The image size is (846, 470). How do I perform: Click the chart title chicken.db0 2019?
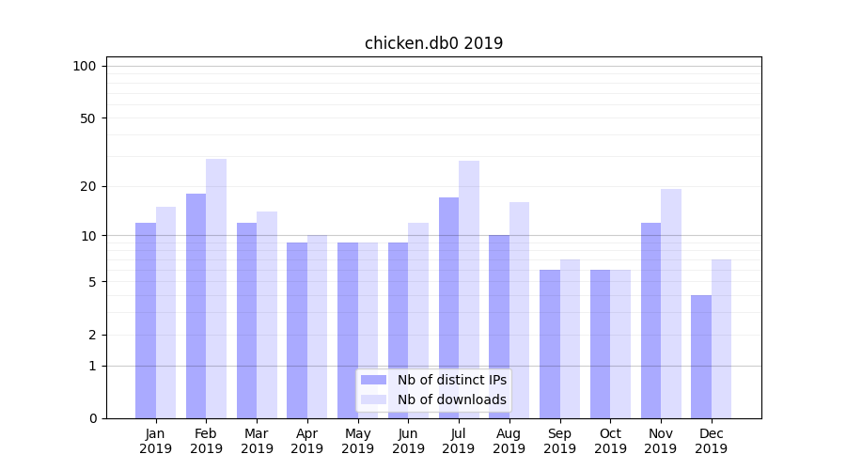point(433,43)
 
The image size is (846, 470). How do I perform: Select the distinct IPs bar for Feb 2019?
point(196,305)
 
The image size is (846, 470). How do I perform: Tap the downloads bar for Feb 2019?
point(216,289)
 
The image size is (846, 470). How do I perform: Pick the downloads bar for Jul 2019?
point(469,290)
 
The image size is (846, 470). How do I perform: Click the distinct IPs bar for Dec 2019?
point(701,356)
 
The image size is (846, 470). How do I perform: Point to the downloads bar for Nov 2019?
point(671,304)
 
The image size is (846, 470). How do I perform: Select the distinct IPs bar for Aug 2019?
point(499,326)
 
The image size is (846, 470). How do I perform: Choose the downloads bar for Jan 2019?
point(165,312)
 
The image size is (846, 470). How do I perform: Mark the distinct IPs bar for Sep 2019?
point(550,344)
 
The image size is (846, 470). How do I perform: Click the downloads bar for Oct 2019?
point(620,344)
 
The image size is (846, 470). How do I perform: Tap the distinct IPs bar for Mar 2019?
point(246,321)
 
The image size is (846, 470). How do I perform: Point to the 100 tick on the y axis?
point(85,66)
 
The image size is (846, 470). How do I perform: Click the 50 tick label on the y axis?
point(88,118)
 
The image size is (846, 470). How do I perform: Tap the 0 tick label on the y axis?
point(92,418)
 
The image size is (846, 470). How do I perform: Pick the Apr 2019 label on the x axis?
point(307,441)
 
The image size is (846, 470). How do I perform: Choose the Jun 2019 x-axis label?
point(408,441)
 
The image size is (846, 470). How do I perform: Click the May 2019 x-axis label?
point(358,441)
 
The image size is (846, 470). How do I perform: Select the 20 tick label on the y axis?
point(88,186)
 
